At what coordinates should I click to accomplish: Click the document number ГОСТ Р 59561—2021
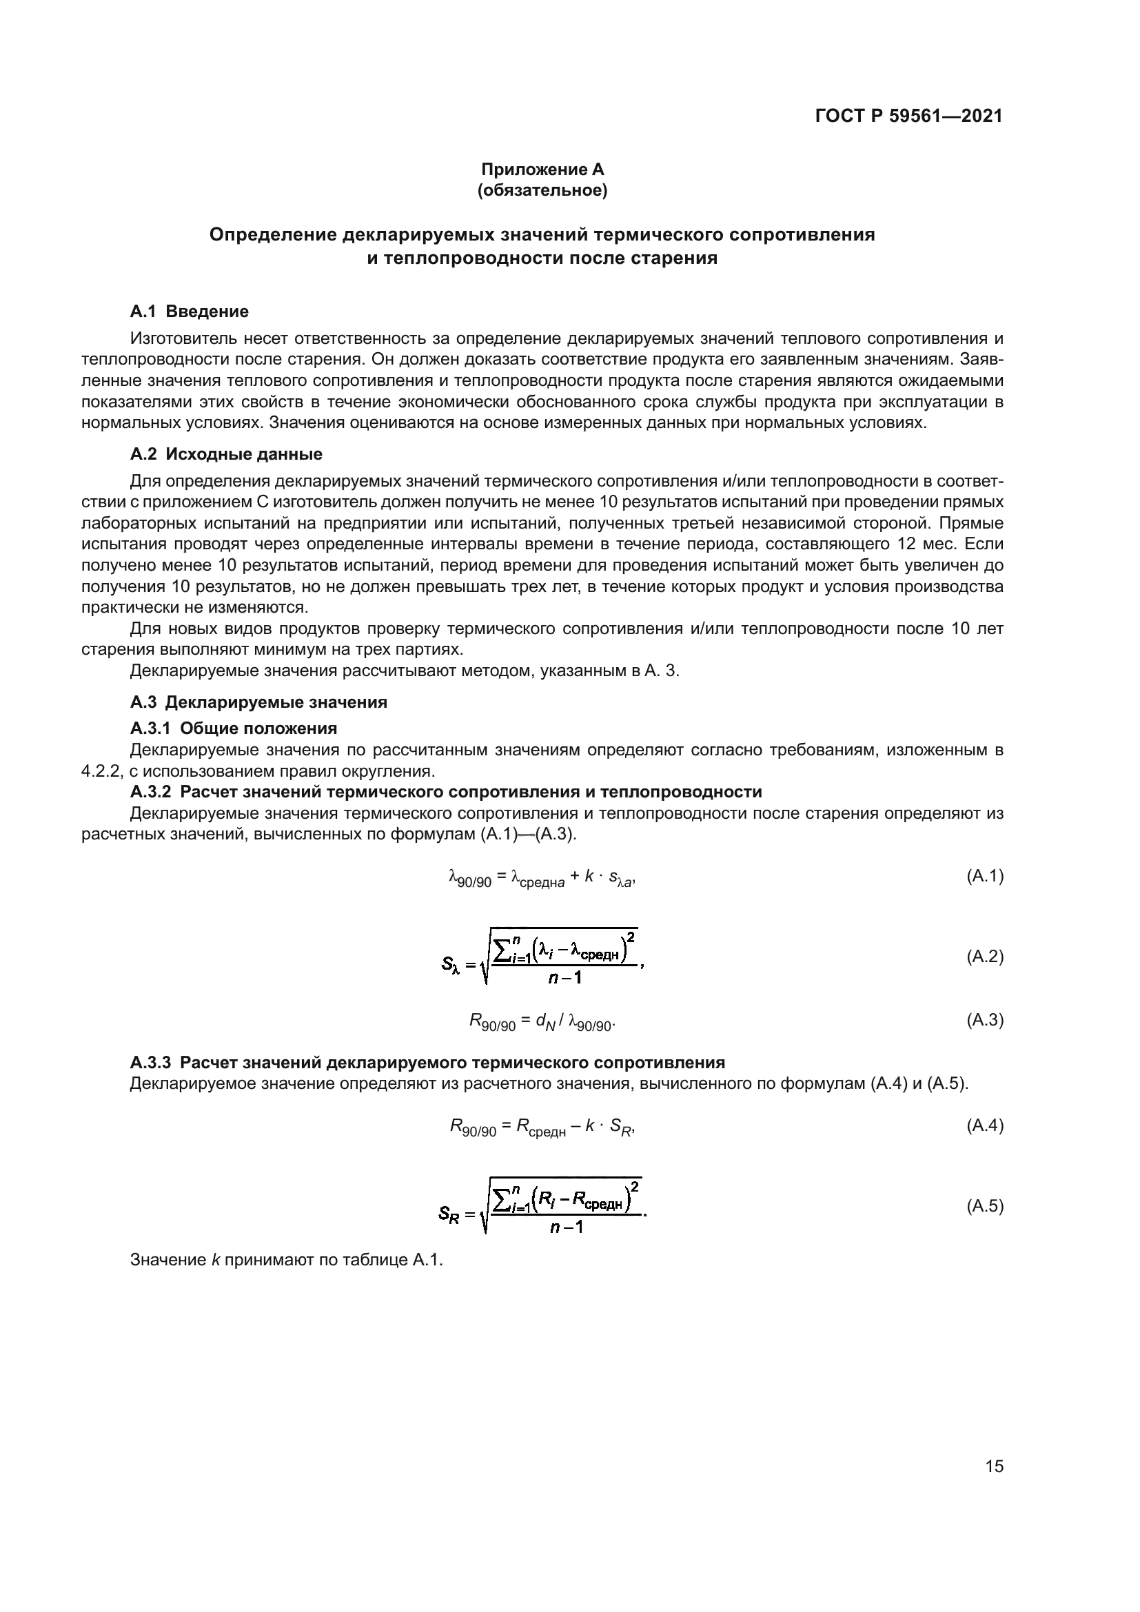tap(908, 116)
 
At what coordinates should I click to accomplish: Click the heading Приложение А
tap(542, 170)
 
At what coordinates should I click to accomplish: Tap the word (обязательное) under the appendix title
tap(542, 190)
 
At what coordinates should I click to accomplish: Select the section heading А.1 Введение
tap(189, 311)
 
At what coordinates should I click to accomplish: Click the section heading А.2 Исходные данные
tap(226, 453)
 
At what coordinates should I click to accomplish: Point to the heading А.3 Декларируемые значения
tap(258, 702)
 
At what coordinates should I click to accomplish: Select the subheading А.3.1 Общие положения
tap(233, 727)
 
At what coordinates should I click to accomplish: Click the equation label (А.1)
tap(985, 875)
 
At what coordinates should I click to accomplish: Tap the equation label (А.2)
tap(985, 957)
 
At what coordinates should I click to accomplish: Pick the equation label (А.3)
tap(985, 1020)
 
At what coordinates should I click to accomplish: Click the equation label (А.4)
tap(985, 1125)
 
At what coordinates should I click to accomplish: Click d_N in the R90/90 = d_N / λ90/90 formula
tap(544, 1021)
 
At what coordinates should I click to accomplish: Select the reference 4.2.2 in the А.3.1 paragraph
tap(103, 771)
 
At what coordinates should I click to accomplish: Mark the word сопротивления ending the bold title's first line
tap(802, 234)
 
